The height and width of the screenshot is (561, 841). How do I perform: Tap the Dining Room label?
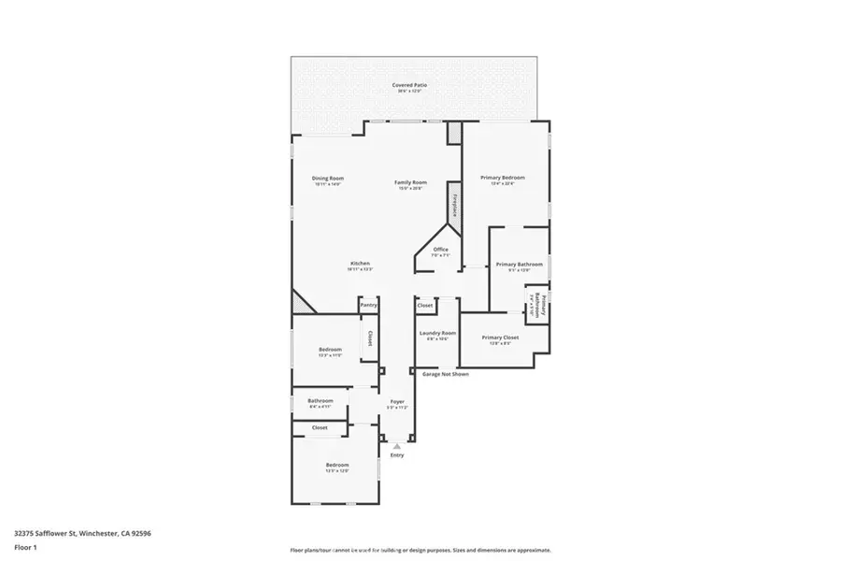coord(328,179)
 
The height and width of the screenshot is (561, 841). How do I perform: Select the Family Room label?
coord(409,182)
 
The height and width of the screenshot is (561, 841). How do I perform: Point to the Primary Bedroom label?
coord(503,178)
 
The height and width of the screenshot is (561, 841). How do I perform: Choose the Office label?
coord(441,250)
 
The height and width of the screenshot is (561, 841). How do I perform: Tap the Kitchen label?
coord(361,264)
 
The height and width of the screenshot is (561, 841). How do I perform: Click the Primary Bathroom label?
coord(519,265)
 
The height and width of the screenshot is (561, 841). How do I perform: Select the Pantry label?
coord(369,305)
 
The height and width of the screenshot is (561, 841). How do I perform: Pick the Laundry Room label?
coord(436,333)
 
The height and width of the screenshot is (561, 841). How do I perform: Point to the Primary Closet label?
coord(500,338)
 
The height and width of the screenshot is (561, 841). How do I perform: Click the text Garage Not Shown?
coord(446,374)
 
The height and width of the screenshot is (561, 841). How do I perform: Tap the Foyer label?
coord(397,401)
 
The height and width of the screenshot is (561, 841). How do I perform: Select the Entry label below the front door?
coord(397,455)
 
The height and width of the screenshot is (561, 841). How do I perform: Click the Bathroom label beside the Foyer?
coord(321,401)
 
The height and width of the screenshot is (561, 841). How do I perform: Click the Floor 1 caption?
coord(25,550)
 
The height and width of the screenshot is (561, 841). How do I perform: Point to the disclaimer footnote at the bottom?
coord(420,550)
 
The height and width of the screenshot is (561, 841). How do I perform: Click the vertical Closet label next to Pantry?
coord(370,338)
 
